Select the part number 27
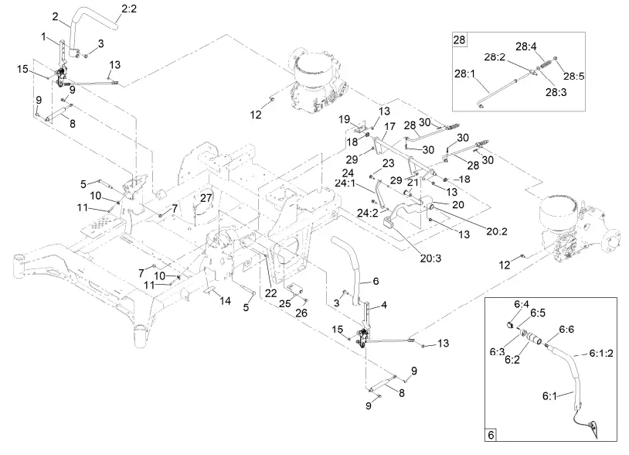(204, 198)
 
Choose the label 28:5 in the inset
(574, 76)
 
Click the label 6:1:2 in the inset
(600, 353)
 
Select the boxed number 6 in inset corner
(490, 434)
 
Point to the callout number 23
(388, 163)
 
